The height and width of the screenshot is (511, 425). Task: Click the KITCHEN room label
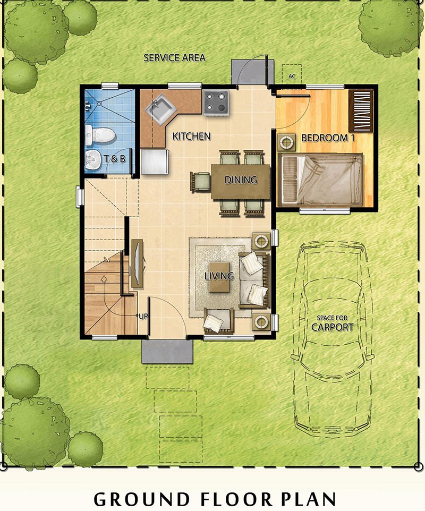tap(191, 136)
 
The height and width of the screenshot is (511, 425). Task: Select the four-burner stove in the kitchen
tap(216, 103)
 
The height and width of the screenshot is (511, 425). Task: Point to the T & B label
tap(114, 159)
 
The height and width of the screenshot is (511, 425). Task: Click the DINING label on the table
tap(241, 180)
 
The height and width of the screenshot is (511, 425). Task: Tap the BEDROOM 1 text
tap(328, 138)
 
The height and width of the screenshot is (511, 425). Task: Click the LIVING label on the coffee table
tap(219, 276)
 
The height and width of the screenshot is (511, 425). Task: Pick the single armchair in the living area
tap(219, 320)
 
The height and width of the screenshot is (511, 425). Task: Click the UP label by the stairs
tap(143, 317)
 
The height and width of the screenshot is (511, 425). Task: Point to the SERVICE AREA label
tap(175, 58)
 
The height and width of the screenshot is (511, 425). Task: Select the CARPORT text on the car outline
tap(332, 327)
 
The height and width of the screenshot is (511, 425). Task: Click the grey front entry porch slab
tap(167, 351)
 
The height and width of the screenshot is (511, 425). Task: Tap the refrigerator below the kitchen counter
tap(155, 161)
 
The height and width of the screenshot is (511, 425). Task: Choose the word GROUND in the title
tap(142, 499)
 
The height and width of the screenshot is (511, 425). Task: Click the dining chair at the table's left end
tap(200, 182)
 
